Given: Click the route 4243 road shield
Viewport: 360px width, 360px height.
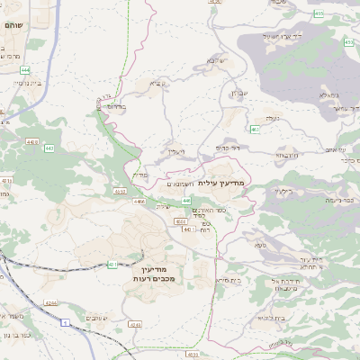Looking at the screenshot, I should coord(136,324).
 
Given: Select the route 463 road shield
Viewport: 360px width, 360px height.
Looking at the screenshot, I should coord(255,130).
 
